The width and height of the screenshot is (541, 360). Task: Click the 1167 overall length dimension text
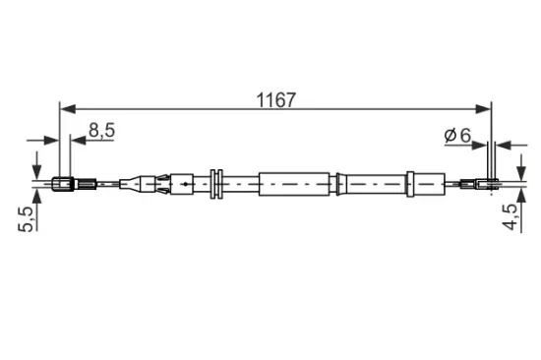(x=275, y=100)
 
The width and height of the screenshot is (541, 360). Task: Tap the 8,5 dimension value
(x=101, y=131)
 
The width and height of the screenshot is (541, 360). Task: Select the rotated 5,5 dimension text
(x=27, y=218)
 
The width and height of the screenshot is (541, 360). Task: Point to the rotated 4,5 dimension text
(x=510, y=216)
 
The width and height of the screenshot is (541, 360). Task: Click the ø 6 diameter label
(x=457, y=135)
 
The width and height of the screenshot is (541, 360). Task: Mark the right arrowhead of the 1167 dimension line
(x=482, y=109)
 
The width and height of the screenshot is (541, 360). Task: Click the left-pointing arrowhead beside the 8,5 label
(x=78, y=140)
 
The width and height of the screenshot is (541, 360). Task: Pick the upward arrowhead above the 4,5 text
(x=521, y=196)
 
